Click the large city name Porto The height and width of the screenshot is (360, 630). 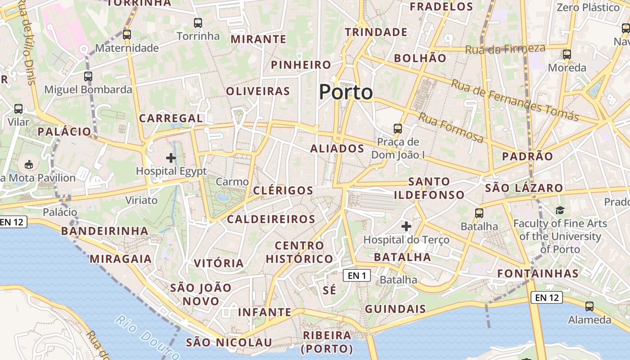coord(346,92)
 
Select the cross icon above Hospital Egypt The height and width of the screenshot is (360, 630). coord(171,158)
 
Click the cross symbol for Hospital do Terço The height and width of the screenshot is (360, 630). coord(406,226)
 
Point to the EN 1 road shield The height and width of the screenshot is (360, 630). coord(357,275)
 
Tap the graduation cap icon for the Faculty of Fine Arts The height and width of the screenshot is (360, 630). coord(560,210)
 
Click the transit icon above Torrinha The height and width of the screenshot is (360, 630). coord(198,23)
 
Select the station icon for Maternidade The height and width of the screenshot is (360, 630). coord(127,35)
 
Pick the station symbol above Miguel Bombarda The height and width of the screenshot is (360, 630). coord(88,76)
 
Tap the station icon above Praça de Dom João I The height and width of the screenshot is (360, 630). coord(398,129)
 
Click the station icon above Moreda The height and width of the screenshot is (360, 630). coord(567,55)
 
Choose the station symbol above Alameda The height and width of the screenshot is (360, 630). coord(589,306)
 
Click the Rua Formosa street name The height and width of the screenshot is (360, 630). coord(451,128)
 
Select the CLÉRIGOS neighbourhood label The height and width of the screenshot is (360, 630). coord(283,190)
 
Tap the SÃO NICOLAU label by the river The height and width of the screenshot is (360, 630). coord(229,342)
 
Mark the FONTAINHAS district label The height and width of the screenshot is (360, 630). coord(538,274)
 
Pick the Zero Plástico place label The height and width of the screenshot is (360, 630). coord(588,8)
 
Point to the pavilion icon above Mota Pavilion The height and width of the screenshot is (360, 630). coord(29,164)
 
